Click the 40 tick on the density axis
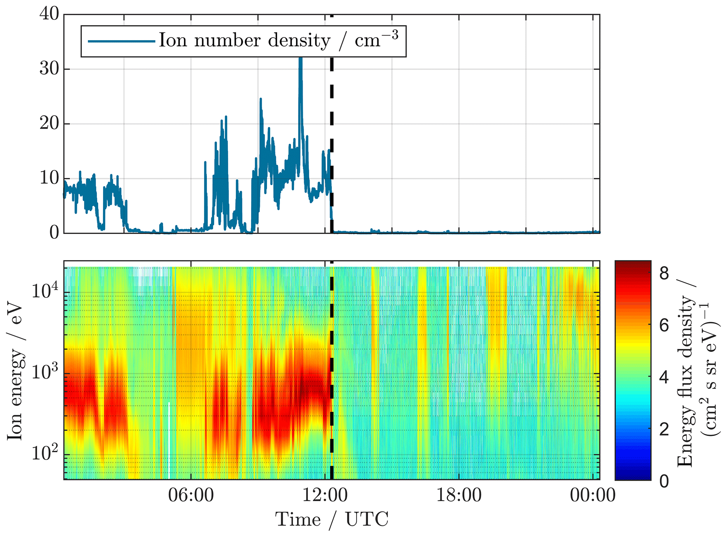click(49, 15)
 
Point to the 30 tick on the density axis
click(49, 69)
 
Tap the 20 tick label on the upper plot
click(49, 124)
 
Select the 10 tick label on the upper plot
click(49, 178)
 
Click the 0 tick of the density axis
click(54, 233)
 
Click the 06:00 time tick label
click(191, 495)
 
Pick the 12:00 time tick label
click(325, 495)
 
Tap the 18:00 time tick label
click(459, 495)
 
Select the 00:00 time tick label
click(593, 495)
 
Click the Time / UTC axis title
click(332, 520)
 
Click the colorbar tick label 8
click(664, 273)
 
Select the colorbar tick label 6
click(664, 326)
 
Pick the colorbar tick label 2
click(664, 429)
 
